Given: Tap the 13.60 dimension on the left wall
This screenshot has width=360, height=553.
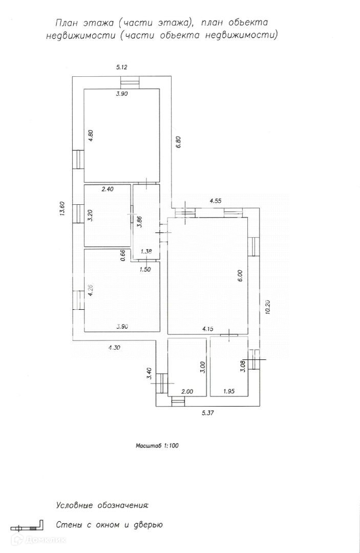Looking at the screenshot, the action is [62, 209].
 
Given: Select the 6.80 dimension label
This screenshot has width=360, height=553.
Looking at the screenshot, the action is [179, 142].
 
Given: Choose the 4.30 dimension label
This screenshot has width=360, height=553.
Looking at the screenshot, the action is [115, 348].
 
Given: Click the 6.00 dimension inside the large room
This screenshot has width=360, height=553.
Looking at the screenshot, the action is [240, 276].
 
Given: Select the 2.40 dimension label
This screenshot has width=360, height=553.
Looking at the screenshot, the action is [107, 189].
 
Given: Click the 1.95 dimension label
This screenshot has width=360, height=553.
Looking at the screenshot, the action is [230, 391].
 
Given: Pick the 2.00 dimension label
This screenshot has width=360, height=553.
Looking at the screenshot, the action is [187, 391].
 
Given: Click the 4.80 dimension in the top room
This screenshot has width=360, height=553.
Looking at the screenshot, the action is [90, 137].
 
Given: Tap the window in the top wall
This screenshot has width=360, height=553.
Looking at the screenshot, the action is [130, 82].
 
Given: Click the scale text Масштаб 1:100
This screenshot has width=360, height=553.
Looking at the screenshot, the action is [157, 445].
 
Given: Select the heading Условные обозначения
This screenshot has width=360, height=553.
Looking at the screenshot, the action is [102, 505].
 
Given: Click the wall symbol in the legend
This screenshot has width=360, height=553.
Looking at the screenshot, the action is [26, 526].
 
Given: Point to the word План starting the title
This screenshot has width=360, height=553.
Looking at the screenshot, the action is [67, 23].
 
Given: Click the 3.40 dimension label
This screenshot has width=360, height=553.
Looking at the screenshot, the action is [149, 374].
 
